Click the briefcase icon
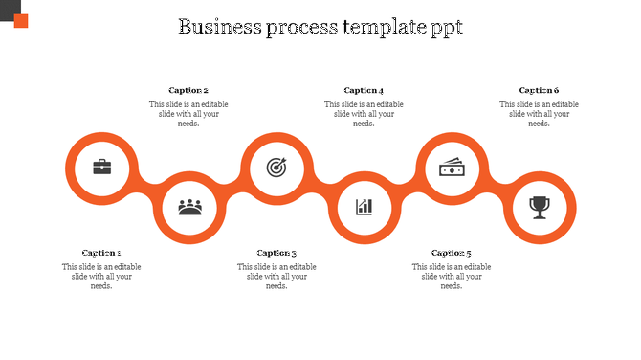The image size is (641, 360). click(101, 168)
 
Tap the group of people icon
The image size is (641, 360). click(189, 206)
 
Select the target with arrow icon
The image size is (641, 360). click(276, 168)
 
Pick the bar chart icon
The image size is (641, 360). click(364, 206)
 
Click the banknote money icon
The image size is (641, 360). click(452, 168)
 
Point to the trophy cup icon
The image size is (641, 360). click(540, 206)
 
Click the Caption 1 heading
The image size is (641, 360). click(101, 253)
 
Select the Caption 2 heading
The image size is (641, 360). click(188, 90)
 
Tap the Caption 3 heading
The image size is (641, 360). click(276, 253)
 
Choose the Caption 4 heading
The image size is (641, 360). click(364, 90)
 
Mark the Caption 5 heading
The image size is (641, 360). click(452, 253)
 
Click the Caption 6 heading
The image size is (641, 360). click(539, 90)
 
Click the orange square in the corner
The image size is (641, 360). click(20, 21)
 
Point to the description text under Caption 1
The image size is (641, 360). click(101, 277)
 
